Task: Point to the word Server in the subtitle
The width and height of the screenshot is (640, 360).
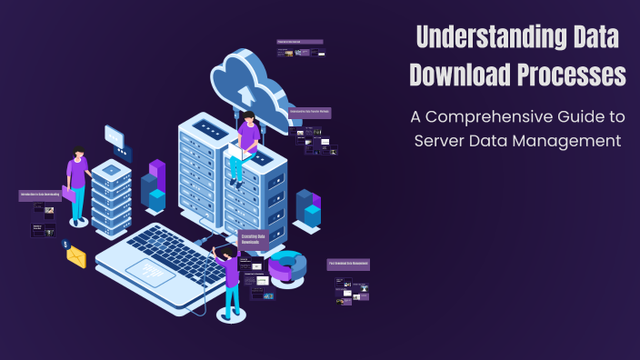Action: tap(442, 141)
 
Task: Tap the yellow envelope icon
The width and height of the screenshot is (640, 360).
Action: tap(75, 256)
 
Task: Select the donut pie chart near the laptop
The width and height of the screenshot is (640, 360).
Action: tap(287, 265)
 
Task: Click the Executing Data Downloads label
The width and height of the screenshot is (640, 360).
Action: tap(253, 239)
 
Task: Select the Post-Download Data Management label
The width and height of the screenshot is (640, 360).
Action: tap(348, 265)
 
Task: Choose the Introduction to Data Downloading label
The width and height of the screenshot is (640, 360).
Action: tap(40, 195)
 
